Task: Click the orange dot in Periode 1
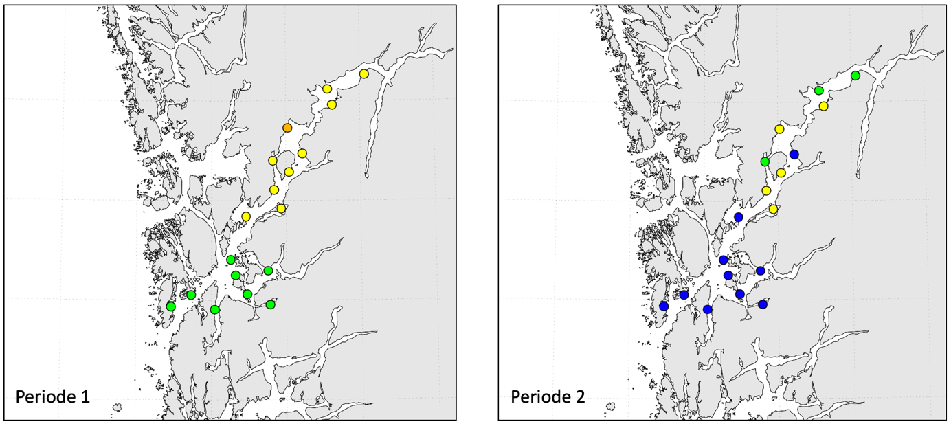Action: tap(287, 128)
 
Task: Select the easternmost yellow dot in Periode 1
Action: tap(363, 74)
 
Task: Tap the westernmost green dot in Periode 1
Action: tap(170, 306)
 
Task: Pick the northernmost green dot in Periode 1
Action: tap(231, 260)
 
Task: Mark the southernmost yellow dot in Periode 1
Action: tap(245, 216)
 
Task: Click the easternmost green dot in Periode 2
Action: tap(855, 75)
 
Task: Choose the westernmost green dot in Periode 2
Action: tap(765, 161)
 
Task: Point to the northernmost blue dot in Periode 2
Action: tap(794, 155)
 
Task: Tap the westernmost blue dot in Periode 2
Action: tap(664, 306)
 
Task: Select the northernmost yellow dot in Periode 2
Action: tap(823, 106)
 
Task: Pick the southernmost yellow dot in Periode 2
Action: tap(773, 209)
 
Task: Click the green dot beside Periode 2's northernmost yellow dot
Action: tap(819, 90)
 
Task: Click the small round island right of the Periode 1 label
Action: tap(119, 407)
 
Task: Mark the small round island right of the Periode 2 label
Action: tap(613, 407)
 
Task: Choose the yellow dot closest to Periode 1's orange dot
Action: tap(302, 153)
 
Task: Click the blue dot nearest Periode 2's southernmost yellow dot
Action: tap(739, 217)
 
